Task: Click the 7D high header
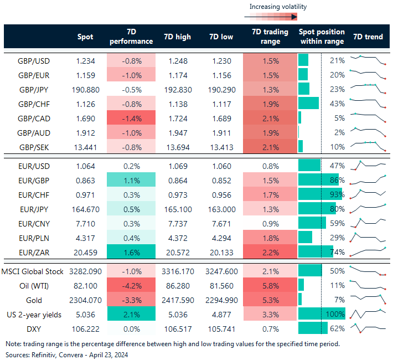[x=177, y=37]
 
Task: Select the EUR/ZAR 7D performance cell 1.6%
[x=131, y=253]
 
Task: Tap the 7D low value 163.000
[x=221, y=209]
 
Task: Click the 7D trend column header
[x=368, y=37]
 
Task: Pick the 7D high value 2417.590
[x=177, y=300]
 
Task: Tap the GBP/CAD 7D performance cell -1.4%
[x=131, y=118]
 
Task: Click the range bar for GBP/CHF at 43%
[x=308, y=104]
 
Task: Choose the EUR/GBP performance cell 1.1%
[x=131, y=181]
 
